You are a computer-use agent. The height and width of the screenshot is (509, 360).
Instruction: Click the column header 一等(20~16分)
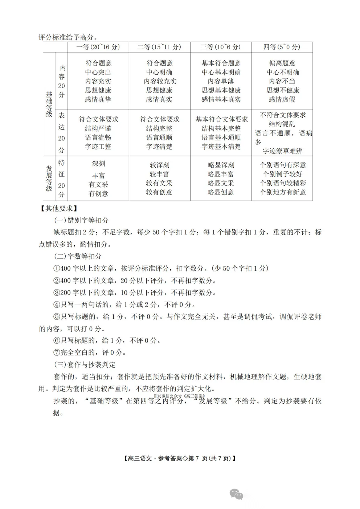(x=98, y=47)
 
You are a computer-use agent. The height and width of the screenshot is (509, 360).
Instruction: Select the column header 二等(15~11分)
(x=159, y=47)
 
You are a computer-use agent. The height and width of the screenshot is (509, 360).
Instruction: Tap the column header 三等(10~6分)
(x=221, y=47)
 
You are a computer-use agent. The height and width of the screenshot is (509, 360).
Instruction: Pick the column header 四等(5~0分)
(x=282, y=47)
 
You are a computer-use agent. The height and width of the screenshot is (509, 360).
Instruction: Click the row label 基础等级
(x=49, y=104)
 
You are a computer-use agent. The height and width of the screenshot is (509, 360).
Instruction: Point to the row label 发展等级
(x=49, y=178)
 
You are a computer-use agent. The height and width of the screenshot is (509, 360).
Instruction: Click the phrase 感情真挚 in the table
(x=98, y=99)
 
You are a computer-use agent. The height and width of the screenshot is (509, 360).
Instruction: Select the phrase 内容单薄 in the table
(x=221, y=81)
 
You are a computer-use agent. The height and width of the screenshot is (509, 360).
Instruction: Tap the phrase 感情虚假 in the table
(x=282, y=99)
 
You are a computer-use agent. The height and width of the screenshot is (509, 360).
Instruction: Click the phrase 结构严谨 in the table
(x=98, y=128)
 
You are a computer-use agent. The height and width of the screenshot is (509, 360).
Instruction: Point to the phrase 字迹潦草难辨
(x=282, y=151)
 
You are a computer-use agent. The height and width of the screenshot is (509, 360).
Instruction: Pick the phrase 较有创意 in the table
(x=159, y=192)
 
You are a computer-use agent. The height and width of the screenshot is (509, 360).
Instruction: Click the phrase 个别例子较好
(x=282, y=174)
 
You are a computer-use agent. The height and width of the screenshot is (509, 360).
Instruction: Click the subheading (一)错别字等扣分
(x=81, y=220)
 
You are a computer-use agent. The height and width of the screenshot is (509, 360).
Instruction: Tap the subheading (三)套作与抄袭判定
(x=85, y=365)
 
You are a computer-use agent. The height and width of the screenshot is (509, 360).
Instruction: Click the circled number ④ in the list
(x=57, y=305)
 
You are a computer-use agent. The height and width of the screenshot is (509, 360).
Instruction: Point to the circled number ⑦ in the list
(x=57, y=353)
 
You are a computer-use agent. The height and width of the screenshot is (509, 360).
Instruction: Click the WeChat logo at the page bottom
(x=236, y=494)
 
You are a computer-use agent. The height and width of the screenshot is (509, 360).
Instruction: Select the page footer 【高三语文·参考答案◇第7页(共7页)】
(x=180, y=458)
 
